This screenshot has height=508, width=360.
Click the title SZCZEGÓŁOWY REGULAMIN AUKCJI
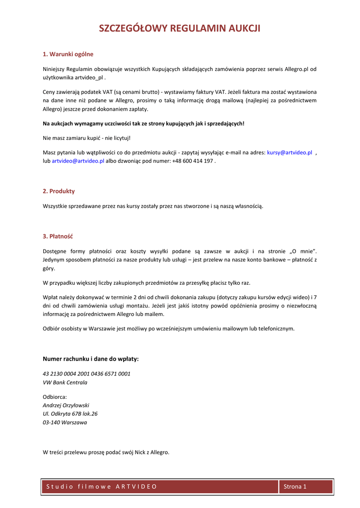coord(180,28)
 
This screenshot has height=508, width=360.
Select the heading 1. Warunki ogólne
coord(68,54)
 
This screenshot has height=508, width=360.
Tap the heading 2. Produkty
coord(59,191)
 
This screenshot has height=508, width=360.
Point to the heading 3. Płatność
coord(58,236)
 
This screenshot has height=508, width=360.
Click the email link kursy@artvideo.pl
coord(289,153)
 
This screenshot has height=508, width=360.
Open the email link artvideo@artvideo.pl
coord(78,161)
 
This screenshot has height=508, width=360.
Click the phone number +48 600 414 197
coord(193,161)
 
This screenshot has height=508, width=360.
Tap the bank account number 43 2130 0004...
coord(86,374)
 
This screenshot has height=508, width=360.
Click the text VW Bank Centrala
coord(65,382)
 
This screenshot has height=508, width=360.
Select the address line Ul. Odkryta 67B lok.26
coord(70,414)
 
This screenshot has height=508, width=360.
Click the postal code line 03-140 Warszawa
coord(65,423)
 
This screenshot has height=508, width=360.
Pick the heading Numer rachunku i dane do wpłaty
coord(91,359)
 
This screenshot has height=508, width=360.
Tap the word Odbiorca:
coord(55,397)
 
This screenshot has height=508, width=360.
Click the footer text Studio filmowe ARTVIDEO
coord(101,487)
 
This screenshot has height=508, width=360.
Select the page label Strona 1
coord(295,487)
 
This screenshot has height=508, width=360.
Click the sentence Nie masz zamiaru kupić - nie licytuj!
coord(87,138)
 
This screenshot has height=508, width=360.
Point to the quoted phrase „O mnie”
coord(303,251)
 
